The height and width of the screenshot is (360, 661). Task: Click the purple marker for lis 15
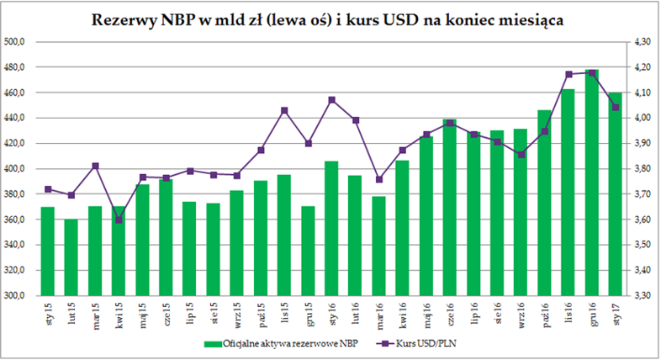click(x=284, y=110)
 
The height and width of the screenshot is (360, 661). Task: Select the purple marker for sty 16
click(x=331, y=100)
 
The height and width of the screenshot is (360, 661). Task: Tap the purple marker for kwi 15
click(x=119, y=220)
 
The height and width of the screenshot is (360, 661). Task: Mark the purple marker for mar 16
click(x=379, y=179)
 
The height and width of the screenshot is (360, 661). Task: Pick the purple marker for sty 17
click(x=616, y=108)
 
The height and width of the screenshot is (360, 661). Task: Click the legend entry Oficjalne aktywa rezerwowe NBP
click(x=273, y=343)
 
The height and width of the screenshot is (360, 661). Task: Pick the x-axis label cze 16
click(x=451, y=314)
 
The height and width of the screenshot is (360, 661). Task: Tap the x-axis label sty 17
click(x=616, y=314)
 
